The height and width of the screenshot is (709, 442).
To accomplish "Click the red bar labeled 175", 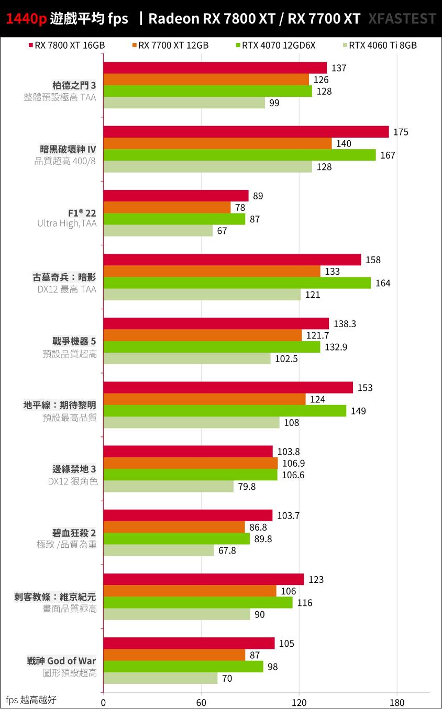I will [246, 132].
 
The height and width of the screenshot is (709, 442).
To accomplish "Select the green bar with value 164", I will [237, 283].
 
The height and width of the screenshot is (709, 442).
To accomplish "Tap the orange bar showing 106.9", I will [191, 463].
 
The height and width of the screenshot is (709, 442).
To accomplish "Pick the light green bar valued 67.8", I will [159, 550].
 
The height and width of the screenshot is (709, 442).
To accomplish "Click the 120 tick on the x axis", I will [299, 702].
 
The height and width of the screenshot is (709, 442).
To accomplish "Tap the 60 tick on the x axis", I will [201, 702].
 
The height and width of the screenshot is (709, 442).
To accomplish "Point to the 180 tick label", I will [397, 702].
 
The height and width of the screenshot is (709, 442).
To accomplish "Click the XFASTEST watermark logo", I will [402, 19].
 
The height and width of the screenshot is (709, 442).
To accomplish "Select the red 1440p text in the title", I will [27, 19].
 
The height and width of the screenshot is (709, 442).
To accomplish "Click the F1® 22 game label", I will [83, 213].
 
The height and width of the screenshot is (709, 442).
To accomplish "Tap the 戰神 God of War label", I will [61, 661].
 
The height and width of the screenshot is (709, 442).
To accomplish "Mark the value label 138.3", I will [345, 324].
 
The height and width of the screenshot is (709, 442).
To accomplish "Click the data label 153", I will [365, 388].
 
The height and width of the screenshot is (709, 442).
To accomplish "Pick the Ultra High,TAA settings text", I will [67, 223].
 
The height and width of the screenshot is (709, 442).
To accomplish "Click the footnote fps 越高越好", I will [31, 700].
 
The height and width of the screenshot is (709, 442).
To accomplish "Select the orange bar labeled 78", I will [167, 208].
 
